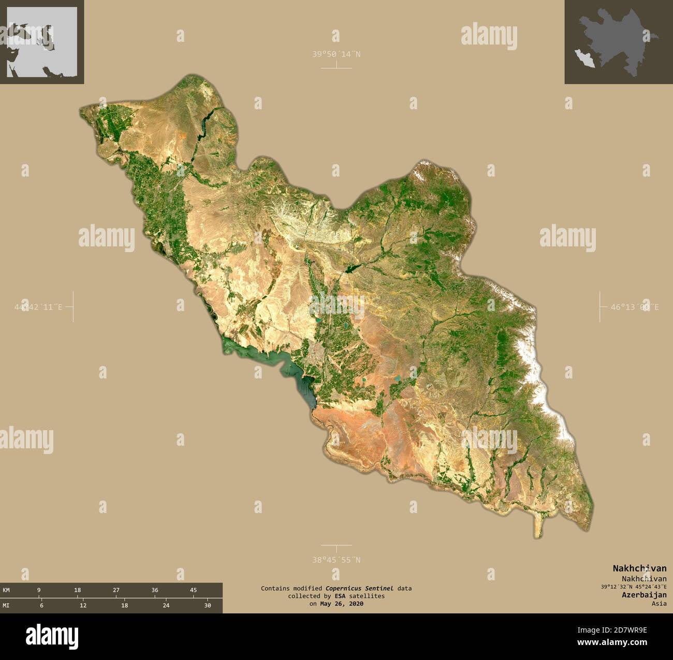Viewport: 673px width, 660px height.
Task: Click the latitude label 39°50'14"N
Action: (x=336, y=53)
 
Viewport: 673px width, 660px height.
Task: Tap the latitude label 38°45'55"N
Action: (x=336, y=560)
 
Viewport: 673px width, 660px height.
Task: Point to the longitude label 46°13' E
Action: (x=634, y=307)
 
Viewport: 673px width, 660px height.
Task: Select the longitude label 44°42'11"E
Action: (x=39, y=307)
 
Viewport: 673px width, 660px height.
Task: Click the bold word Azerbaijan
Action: (x=644, y=595)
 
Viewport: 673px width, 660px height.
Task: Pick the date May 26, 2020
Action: (x=342, y=604)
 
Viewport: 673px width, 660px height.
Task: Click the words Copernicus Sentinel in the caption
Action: (x=359, y=588)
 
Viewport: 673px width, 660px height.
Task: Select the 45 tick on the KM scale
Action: (x=193, y=590)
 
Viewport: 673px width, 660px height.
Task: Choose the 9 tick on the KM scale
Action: (x=39, y=590)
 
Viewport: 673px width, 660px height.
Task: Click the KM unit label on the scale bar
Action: (x=6, y=590)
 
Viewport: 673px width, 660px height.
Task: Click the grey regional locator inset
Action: (x=42, y=42)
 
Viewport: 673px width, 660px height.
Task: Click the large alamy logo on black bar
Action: (x=52, y=635)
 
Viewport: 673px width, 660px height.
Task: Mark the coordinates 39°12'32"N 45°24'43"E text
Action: (x=634, y=587)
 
